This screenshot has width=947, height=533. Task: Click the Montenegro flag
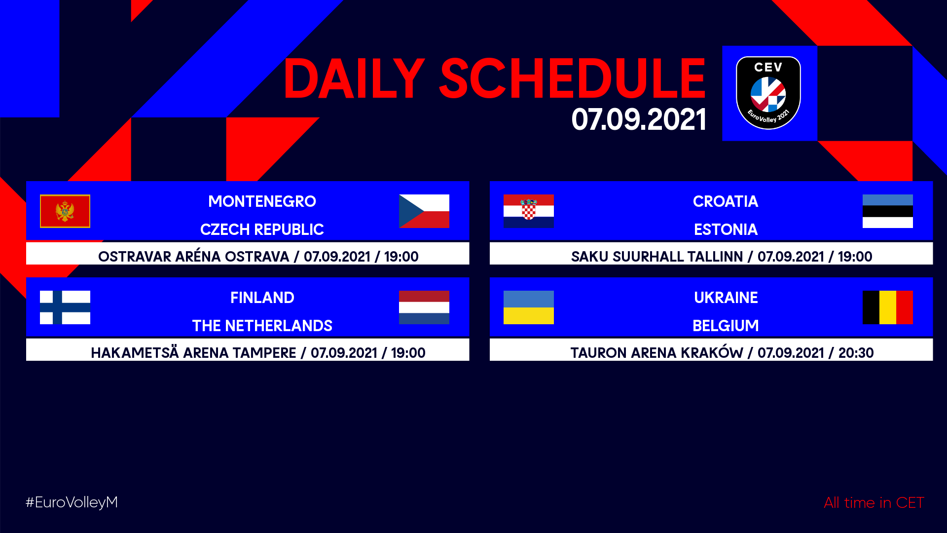point(65,211)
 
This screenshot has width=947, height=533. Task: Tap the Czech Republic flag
point(424,211)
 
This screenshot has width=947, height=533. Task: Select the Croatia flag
point(529,211)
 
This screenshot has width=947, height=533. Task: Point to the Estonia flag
point(888,211)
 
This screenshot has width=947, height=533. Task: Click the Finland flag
point(65,307)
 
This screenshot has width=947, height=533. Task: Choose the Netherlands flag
point(424,307)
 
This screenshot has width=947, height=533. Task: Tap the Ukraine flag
point(529,307)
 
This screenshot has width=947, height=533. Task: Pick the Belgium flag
point(888,307)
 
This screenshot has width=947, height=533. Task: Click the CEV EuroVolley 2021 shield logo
point(768,93)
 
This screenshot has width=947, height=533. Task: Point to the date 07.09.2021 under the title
point(639,119)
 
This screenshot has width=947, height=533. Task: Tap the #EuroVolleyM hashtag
point(72,502)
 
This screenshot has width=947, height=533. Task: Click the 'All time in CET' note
point(874,503)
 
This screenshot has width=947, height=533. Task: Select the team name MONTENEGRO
point(262,201)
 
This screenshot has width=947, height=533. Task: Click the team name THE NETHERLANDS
point(262,326)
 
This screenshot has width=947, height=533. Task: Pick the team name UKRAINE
point(726,298)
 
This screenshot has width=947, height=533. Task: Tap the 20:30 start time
point(856,353)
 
